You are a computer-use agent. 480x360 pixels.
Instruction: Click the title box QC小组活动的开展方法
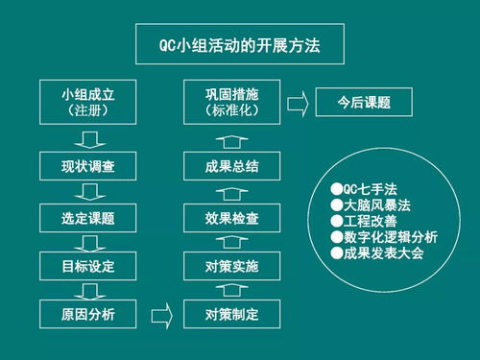[240, 44]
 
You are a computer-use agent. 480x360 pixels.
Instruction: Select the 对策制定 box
[232, 313]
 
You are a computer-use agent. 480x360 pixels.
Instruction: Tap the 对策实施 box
[232, 264]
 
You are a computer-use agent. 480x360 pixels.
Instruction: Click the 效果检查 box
[232, 217]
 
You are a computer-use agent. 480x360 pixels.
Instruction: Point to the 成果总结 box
[232, 167]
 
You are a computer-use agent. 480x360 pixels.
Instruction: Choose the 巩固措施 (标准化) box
[232, 102]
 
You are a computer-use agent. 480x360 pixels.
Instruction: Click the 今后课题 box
[364, 102]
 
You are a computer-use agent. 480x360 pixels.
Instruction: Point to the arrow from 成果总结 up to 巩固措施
[232, 135]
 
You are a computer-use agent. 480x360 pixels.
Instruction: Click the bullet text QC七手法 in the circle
[362, 189]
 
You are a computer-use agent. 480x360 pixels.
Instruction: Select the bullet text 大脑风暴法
[366, 205]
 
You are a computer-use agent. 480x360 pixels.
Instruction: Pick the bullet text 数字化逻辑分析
[378, 237]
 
